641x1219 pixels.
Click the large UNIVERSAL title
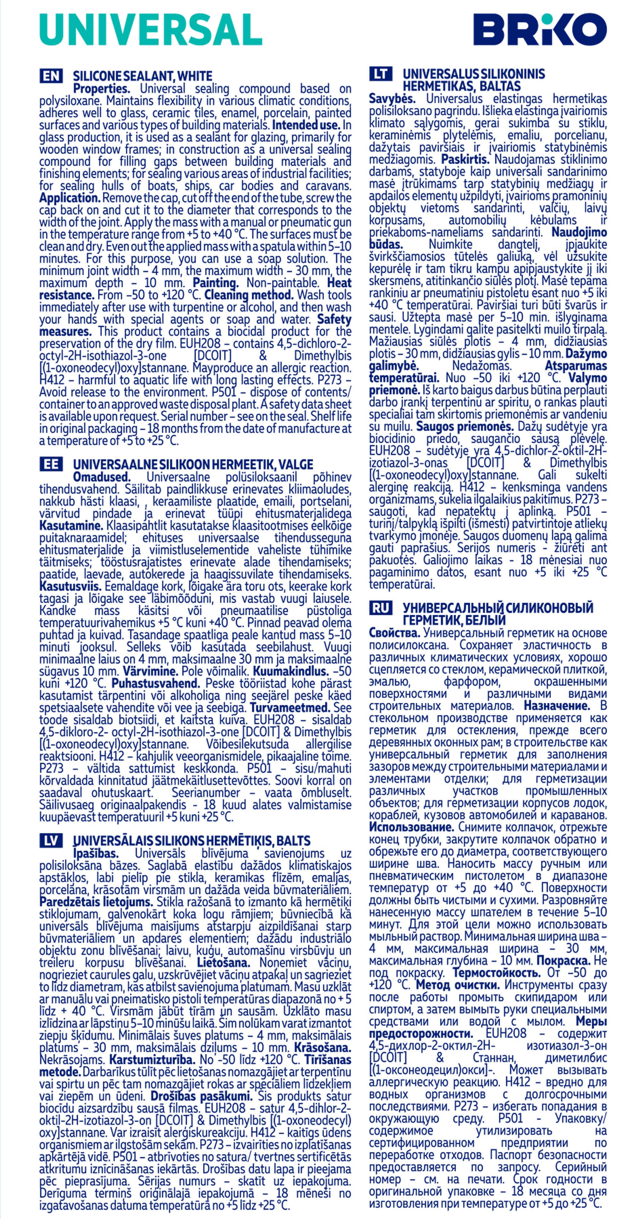tap(150, 29)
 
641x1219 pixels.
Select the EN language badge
tap(51, 76)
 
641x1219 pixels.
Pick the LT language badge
tap(380, 74)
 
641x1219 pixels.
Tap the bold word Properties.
tap(101, 88)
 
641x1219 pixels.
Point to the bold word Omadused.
tap(101, 477)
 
